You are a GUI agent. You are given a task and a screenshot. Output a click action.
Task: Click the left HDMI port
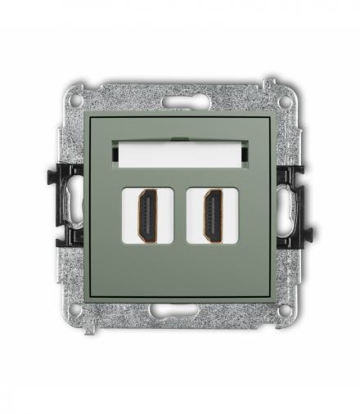(147, 216)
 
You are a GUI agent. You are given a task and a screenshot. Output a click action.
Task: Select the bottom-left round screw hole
(75, 311)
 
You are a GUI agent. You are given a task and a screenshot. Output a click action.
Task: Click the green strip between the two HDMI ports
(180, 216)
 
